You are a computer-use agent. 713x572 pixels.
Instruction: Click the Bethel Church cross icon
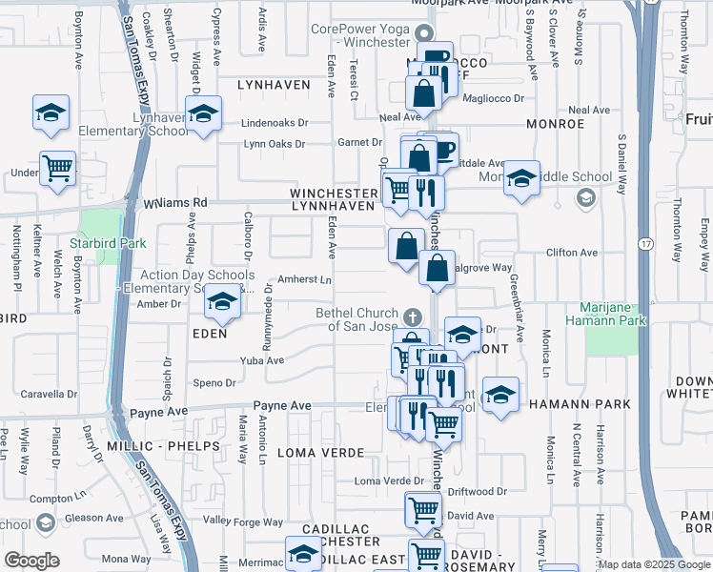412,316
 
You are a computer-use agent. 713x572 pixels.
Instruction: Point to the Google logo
32,561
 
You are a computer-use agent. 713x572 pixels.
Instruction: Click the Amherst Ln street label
304,279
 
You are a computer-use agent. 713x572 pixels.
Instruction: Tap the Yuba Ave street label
262,360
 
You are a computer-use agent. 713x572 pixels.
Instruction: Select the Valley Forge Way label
243,521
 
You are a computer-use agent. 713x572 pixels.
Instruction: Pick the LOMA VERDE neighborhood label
321,452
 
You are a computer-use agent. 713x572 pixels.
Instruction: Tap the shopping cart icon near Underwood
58,168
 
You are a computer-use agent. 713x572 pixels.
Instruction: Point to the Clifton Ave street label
571,253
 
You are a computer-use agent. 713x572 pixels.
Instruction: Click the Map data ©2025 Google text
654,564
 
